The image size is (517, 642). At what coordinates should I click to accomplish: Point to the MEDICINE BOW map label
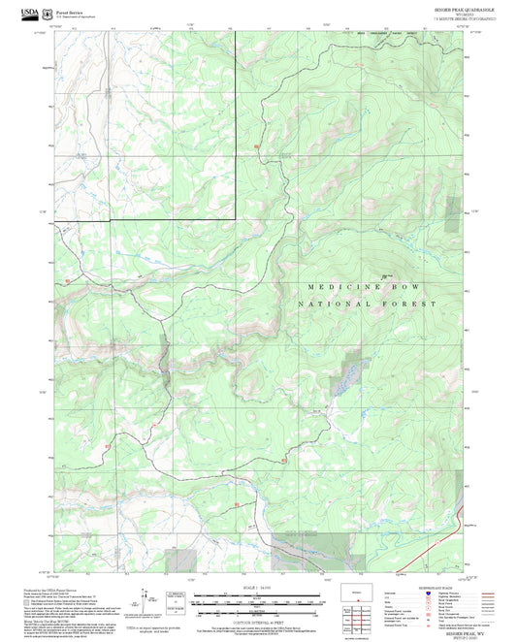(368, 288)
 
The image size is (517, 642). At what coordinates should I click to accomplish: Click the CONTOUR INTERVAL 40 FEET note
(257, 621)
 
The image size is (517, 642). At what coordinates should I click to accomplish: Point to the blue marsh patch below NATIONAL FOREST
(348, 374)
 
